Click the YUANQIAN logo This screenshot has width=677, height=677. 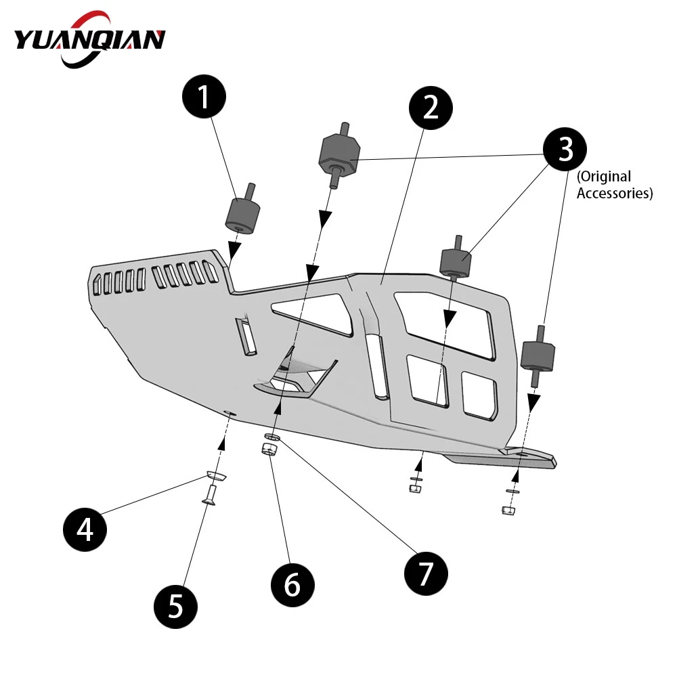(90, 40)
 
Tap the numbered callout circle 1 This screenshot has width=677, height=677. (204, 97)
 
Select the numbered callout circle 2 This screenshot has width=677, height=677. (431, 108)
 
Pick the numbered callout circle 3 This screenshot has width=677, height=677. (565, 149)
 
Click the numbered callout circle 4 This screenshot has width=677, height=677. (85, 529)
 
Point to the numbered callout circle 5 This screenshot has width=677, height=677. (175, 607)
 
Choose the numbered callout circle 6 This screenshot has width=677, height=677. (292, 585)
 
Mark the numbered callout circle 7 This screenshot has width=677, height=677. (426, 573)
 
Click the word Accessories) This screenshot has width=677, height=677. (615, 193)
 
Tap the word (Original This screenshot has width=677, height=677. (604, 177)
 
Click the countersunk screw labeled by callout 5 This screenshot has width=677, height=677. (211, 495)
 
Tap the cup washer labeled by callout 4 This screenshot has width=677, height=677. (217, 475)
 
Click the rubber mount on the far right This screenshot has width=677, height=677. (538, 355)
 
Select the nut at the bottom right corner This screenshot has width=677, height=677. (508, 510)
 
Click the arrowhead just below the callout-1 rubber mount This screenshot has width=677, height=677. (234, 250)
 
